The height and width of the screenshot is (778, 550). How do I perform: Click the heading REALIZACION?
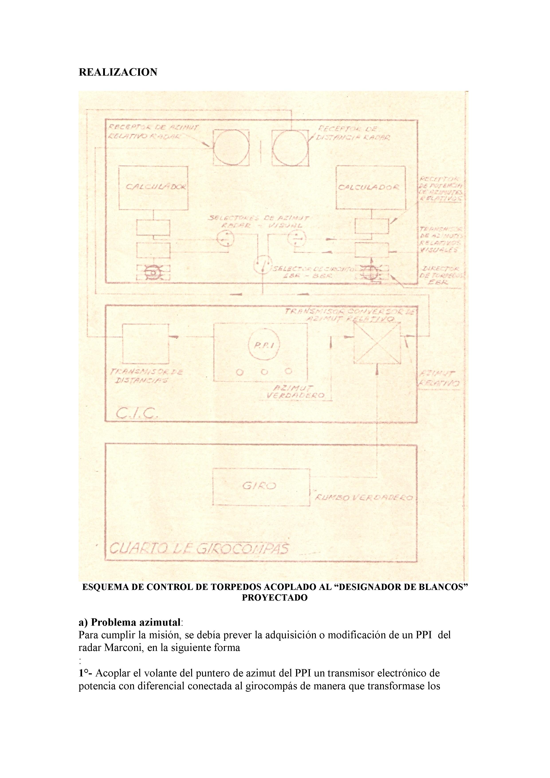118,72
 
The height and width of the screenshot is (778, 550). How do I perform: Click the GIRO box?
261,487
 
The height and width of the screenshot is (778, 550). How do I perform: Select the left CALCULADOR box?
153,187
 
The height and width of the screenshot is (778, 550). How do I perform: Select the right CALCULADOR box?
370,187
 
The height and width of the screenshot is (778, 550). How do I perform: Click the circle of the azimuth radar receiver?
231,148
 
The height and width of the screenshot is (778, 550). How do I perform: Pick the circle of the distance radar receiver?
291,148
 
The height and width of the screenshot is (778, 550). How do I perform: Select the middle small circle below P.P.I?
264,372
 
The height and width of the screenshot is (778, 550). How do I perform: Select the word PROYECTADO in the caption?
275,597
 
